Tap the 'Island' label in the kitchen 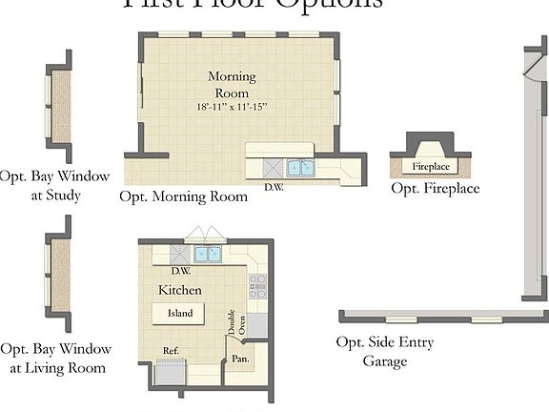[180, 313]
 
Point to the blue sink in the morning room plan [301, 169]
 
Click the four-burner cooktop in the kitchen [257, 283]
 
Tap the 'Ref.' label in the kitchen [171, 351]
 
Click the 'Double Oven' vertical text [235, 322]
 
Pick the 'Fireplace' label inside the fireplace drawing [430, 167]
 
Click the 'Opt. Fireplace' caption [436, 189]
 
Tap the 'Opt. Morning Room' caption [183, 196]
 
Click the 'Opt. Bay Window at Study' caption [54, 186]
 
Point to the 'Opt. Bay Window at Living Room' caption [55, 359]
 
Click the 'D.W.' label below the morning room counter [274, 186]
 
